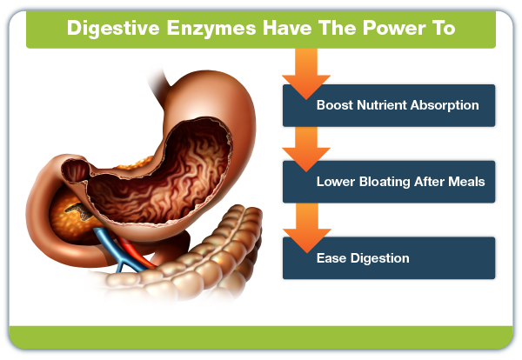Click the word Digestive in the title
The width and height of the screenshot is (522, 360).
coord(113,29)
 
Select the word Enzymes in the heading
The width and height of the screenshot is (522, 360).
coord(211,29)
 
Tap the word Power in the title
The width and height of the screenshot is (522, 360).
coord(394,28)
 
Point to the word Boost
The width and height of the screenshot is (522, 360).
coord(335,105)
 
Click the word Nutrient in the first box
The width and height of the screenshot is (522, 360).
coord(382,105)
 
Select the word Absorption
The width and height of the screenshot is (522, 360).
coord(445,106)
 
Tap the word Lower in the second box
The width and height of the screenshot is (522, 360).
coord(336,182)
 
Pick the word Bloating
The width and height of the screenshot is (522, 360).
coord(385,183)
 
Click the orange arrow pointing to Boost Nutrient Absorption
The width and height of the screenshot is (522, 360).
coord(306,74)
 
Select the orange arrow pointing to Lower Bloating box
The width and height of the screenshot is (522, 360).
coord(306,150)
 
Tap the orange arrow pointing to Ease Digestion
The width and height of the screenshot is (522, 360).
coord(307,228)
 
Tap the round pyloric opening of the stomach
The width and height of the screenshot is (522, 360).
coord(76,170)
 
